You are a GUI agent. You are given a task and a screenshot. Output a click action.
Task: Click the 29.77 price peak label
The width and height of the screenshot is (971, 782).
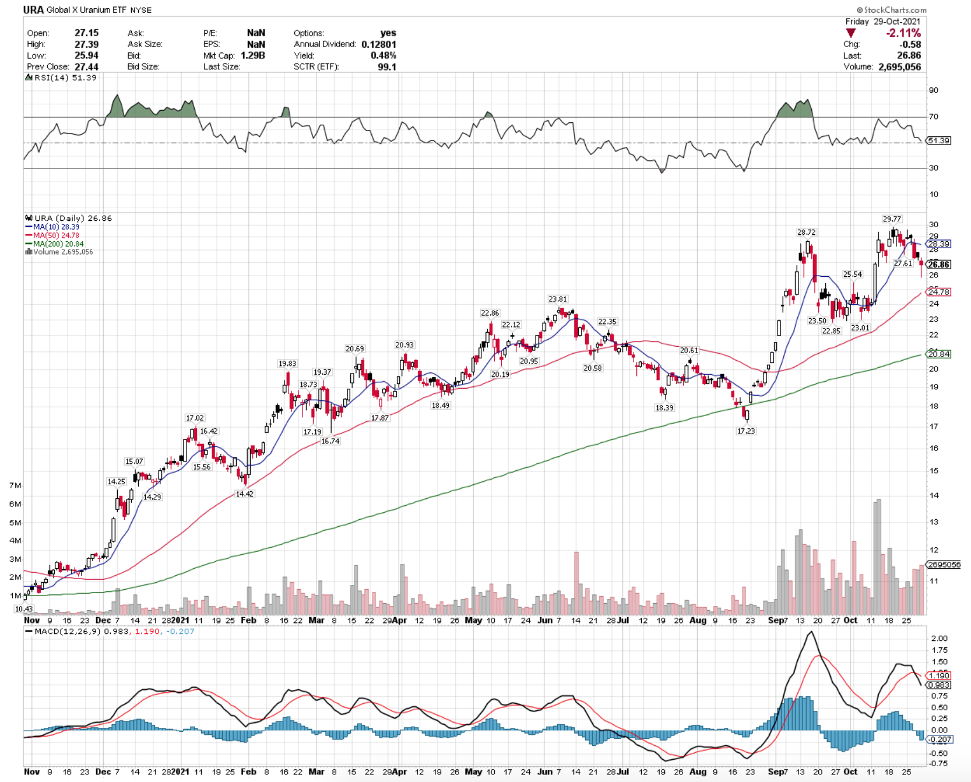tap(892, 219)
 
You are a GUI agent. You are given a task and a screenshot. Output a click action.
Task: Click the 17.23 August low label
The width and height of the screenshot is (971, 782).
tap(746, 431)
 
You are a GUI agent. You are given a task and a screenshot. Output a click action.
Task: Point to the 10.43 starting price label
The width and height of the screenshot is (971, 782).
tap(24, 608)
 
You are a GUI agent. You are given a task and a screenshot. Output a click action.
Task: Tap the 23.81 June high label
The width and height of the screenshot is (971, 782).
tap(558, 299)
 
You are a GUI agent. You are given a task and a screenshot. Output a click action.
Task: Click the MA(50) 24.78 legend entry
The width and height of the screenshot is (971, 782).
tap(52, 235)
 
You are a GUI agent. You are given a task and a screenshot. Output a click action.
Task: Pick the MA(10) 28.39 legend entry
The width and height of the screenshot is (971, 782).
tap(52, 227)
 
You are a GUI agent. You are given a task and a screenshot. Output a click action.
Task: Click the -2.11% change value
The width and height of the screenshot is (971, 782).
tap(903, 33)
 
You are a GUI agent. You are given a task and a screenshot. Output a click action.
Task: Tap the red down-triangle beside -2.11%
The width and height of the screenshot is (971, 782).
tap(851, 33)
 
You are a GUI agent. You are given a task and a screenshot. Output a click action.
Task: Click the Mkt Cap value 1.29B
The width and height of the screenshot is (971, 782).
tap(253, 55)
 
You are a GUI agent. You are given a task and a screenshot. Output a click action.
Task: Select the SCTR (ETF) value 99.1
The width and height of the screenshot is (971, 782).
tap(387, 66)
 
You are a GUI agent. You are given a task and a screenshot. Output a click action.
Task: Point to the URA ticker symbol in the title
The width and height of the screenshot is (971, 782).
tap(33, 10)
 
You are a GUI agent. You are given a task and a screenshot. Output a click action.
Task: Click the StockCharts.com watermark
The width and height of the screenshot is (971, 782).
tap(891, 10)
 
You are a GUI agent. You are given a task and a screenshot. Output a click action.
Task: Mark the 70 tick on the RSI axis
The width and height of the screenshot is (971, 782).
tap(934, 117)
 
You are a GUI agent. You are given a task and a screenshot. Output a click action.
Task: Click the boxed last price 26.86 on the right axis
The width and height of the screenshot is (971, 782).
tap(938, 265)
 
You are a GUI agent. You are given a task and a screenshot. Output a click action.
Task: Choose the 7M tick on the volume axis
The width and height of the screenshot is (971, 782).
tap(15, 485)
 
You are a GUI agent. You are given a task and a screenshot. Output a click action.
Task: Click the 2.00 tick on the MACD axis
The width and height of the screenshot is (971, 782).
tap(940, 638)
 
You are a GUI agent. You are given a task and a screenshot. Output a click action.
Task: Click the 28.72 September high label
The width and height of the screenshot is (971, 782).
tap(807, 232)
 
